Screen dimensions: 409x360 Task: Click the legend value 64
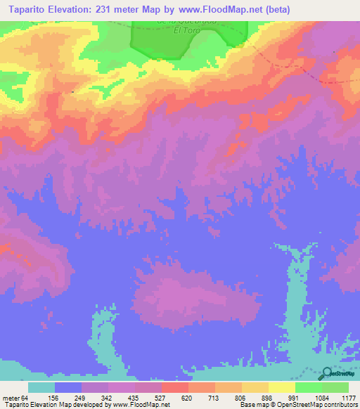[x=26, y=397]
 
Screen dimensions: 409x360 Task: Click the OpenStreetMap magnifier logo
[x=328, y=374]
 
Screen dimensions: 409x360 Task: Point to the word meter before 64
[x=11, y=397]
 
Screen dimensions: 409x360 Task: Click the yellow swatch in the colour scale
[x=281, y=387]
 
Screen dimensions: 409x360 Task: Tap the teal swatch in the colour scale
[x=41, y=387]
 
